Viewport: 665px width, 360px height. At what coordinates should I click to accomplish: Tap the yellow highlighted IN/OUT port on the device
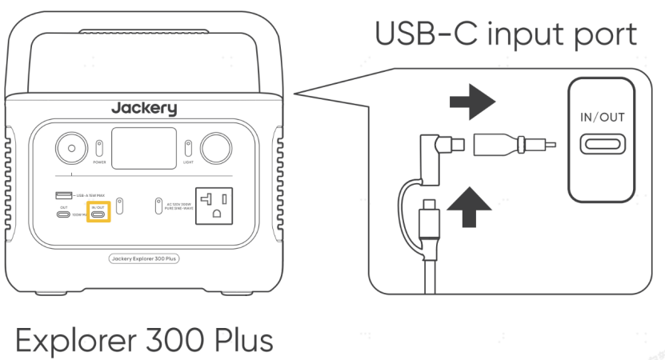[99, 214]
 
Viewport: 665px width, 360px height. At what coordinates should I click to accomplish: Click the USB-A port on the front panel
[62, 195]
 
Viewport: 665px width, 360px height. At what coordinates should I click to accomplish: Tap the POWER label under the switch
[99, 162]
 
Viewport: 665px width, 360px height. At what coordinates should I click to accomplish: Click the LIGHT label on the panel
[188, 162]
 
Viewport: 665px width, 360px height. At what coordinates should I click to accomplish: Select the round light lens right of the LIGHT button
[215, 148]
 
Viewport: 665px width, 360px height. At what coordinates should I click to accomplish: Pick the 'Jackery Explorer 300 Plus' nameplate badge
[143, 258]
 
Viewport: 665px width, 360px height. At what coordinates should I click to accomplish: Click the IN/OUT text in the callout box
[603, 118]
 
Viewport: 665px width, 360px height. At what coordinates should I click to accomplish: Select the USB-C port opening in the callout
[603, 146]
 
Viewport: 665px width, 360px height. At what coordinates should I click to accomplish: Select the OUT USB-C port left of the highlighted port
[62, 214]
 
